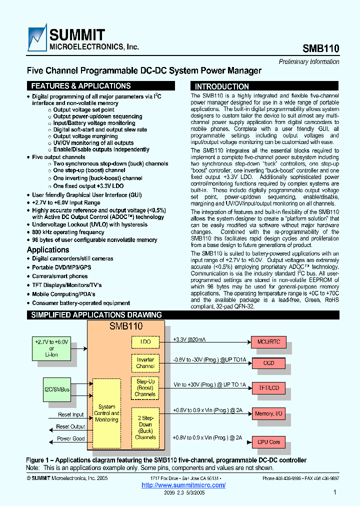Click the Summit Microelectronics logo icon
[37, 38]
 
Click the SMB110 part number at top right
[320, 48]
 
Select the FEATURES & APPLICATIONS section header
[80, 86]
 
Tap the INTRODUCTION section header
[221, 86]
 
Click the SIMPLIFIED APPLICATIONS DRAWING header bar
[96, 315]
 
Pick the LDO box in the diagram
[145, 342]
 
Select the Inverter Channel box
[145, 363]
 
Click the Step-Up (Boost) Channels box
[145, 387]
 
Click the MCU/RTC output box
[268, 342]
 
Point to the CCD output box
[268, 363]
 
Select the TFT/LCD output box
[268, 387]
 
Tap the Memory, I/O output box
[268, 413]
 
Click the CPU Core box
[268, 442]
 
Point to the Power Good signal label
[70, 438]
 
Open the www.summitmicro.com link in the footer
[183, 485]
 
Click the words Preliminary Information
[308, 62]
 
